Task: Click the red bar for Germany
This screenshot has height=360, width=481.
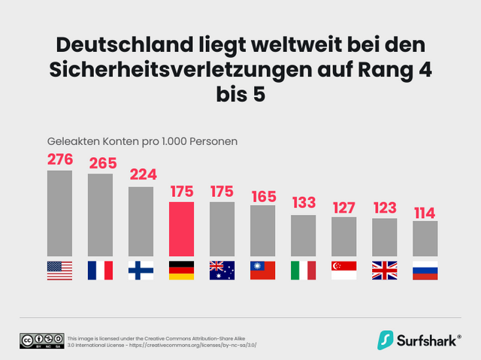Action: [181, 229]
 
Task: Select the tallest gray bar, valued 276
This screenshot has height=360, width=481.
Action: [59, 213]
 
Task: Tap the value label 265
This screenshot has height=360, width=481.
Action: [100, 163]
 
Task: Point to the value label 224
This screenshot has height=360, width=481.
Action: [141, 175]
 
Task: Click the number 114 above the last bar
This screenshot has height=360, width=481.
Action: [425, 212]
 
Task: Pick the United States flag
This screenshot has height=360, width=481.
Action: [59, 270]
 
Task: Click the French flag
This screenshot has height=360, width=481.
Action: [100, 270]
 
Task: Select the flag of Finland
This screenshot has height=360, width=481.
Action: [141, 270]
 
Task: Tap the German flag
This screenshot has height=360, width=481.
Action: [181, 270]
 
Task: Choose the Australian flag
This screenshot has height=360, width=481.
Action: [222, 270]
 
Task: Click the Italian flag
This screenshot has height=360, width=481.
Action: [303, 270]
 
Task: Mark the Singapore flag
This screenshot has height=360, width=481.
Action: [343, 270]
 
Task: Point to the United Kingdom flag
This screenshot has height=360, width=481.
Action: [384, 270]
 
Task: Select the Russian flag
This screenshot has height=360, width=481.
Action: [425, 270]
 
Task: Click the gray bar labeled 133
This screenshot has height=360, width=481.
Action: [303, 236]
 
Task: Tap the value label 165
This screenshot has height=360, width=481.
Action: [262, 195]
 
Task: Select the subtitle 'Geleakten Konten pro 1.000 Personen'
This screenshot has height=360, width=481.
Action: [143, 141]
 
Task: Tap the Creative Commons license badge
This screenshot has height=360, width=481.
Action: [41, 340]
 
